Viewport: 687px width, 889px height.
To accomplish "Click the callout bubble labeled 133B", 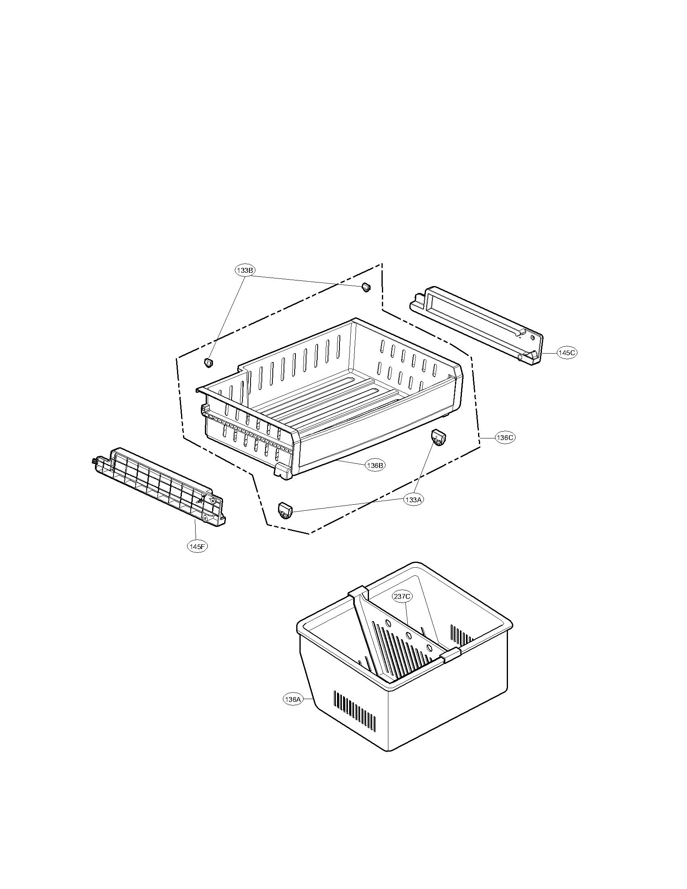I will point(245,270).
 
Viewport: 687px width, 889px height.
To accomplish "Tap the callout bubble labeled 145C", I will point(567,353).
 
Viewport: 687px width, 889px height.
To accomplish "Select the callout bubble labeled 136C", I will point(505,438).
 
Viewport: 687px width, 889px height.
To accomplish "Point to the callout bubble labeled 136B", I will point(375,465).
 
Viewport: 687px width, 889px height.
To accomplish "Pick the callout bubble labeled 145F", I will point(197,546).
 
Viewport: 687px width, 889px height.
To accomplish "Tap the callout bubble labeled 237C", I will point(402,597).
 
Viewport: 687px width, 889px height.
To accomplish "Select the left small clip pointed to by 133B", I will point(209,362).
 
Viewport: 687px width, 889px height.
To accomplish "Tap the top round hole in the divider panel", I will point(388,624).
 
